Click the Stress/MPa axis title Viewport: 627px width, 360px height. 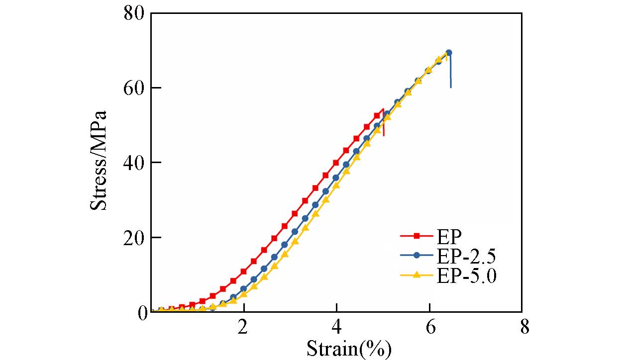click(99, 161)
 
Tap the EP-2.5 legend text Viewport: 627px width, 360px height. click(466, 256)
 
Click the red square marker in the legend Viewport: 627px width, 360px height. click(417, 236)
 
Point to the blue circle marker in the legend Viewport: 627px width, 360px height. click(417, 255)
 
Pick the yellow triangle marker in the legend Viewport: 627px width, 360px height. click(417, 274)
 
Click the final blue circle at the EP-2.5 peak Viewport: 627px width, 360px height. click(448, 53)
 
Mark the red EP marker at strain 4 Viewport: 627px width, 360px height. click(336, 163)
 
